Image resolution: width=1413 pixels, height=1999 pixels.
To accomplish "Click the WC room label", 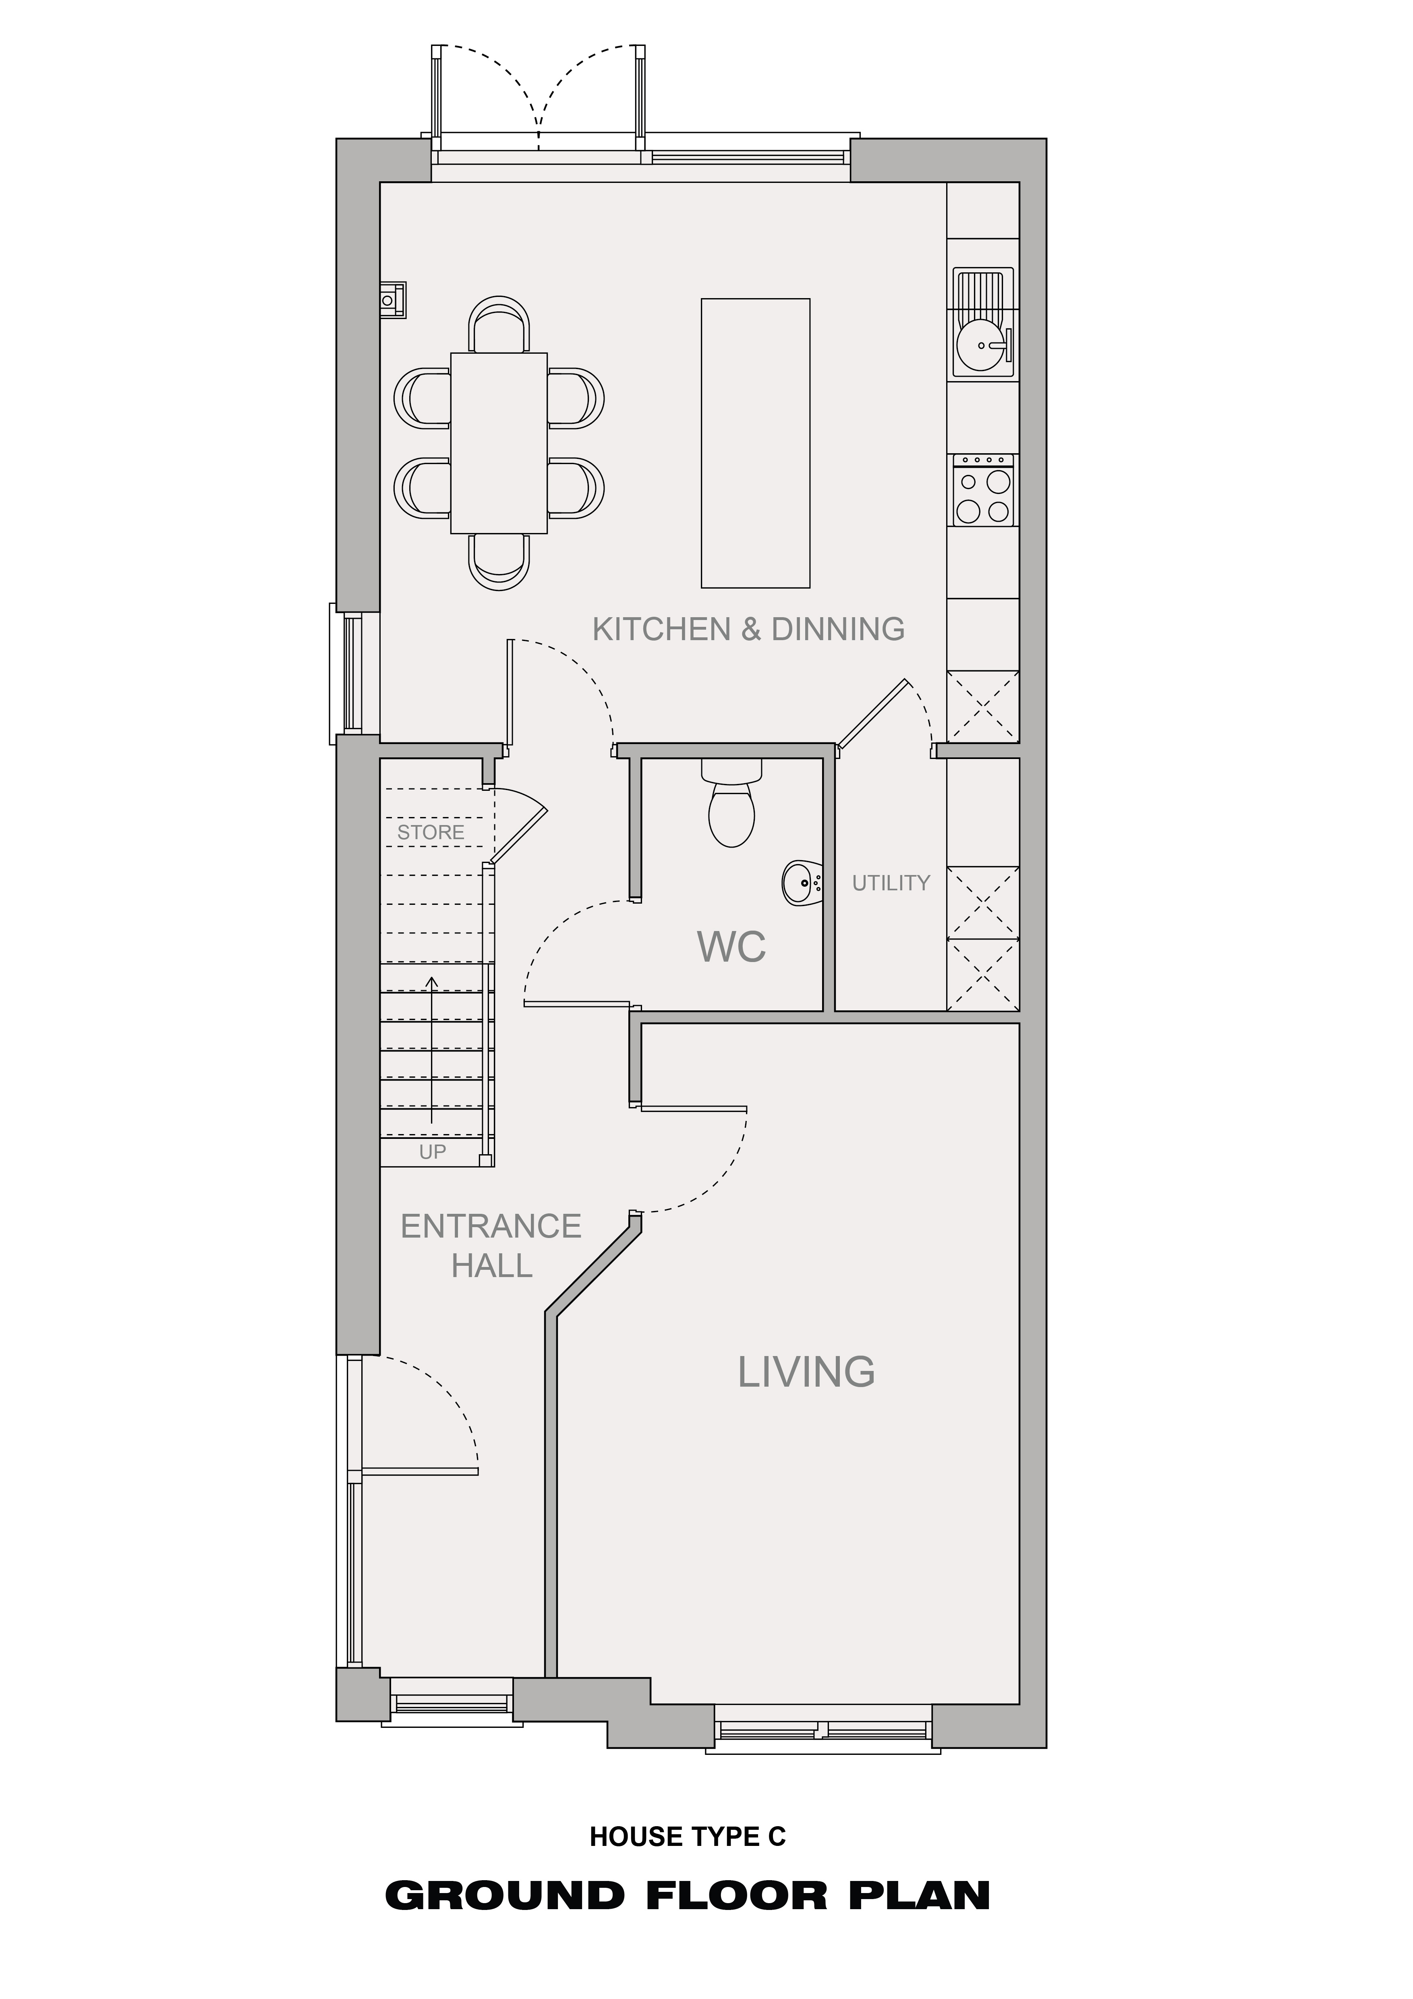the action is pyautogui.click(x=731, y=946).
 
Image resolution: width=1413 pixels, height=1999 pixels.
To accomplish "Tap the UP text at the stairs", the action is pyautogui.click(x=433, y=1152).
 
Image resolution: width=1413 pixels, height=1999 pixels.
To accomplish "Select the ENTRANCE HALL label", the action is pyautogui.click(x=491, y=1246).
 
